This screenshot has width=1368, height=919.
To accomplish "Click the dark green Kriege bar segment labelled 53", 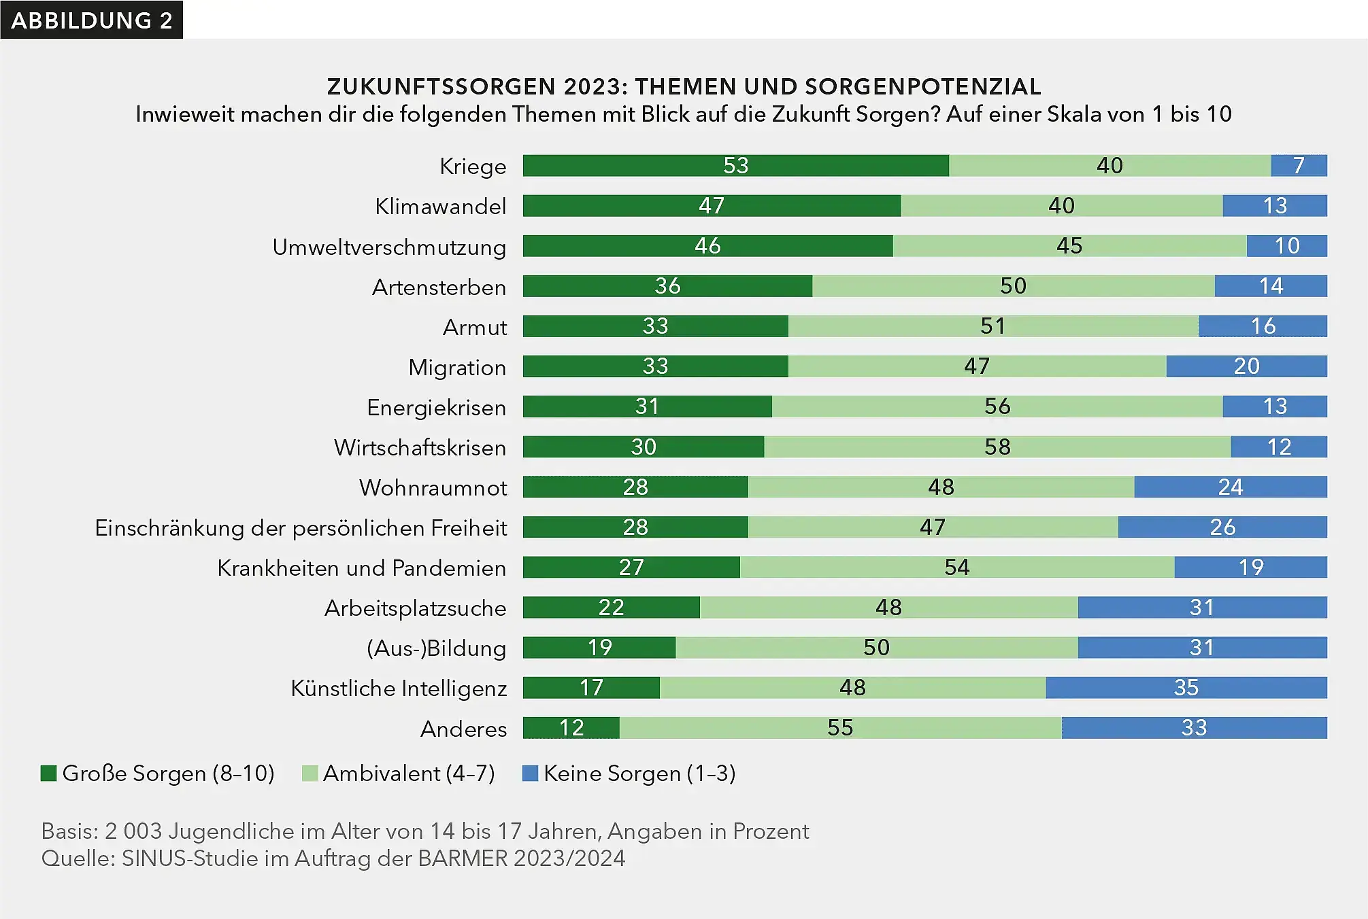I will pos(735,165).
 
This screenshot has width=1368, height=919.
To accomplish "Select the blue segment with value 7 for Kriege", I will pos(1299,165).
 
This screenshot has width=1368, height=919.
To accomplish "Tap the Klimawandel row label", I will pos(440,206).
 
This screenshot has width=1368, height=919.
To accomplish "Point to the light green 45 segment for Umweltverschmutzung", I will pos(1069,245).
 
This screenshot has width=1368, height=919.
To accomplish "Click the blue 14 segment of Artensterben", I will pos(1270,285).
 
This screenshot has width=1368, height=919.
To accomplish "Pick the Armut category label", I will pos(474,327).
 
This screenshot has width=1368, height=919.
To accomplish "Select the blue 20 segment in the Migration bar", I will pos(1246,366).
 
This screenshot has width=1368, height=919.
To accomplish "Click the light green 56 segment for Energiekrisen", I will pos(997,406).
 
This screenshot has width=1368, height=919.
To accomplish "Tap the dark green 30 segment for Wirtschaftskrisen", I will pos(643,447).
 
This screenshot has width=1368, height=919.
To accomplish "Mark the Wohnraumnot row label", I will pos(433,487).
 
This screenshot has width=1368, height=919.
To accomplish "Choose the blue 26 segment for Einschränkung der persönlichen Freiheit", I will pos(1222,527).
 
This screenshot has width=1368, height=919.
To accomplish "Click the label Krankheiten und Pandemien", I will pos(361,568).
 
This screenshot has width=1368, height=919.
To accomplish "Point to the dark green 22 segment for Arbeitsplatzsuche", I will pos(611,607).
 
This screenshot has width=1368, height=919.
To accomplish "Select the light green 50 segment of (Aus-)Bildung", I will pos(876,647).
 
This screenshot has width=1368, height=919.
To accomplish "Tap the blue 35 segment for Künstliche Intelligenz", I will pos(1186,687).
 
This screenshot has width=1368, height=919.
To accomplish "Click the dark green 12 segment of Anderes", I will pos(571,727).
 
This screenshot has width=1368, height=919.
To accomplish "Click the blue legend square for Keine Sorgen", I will pos(530,773).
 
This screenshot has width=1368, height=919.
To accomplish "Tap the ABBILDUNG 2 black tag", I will pos(91,20).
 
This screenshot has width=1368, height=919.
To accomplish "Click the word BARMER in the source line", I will pos(463,858).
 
